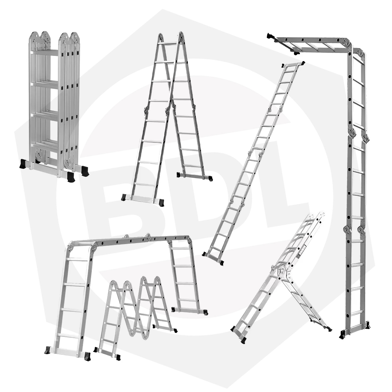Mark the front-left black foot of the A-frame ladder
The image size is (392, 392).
(124, 197)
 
